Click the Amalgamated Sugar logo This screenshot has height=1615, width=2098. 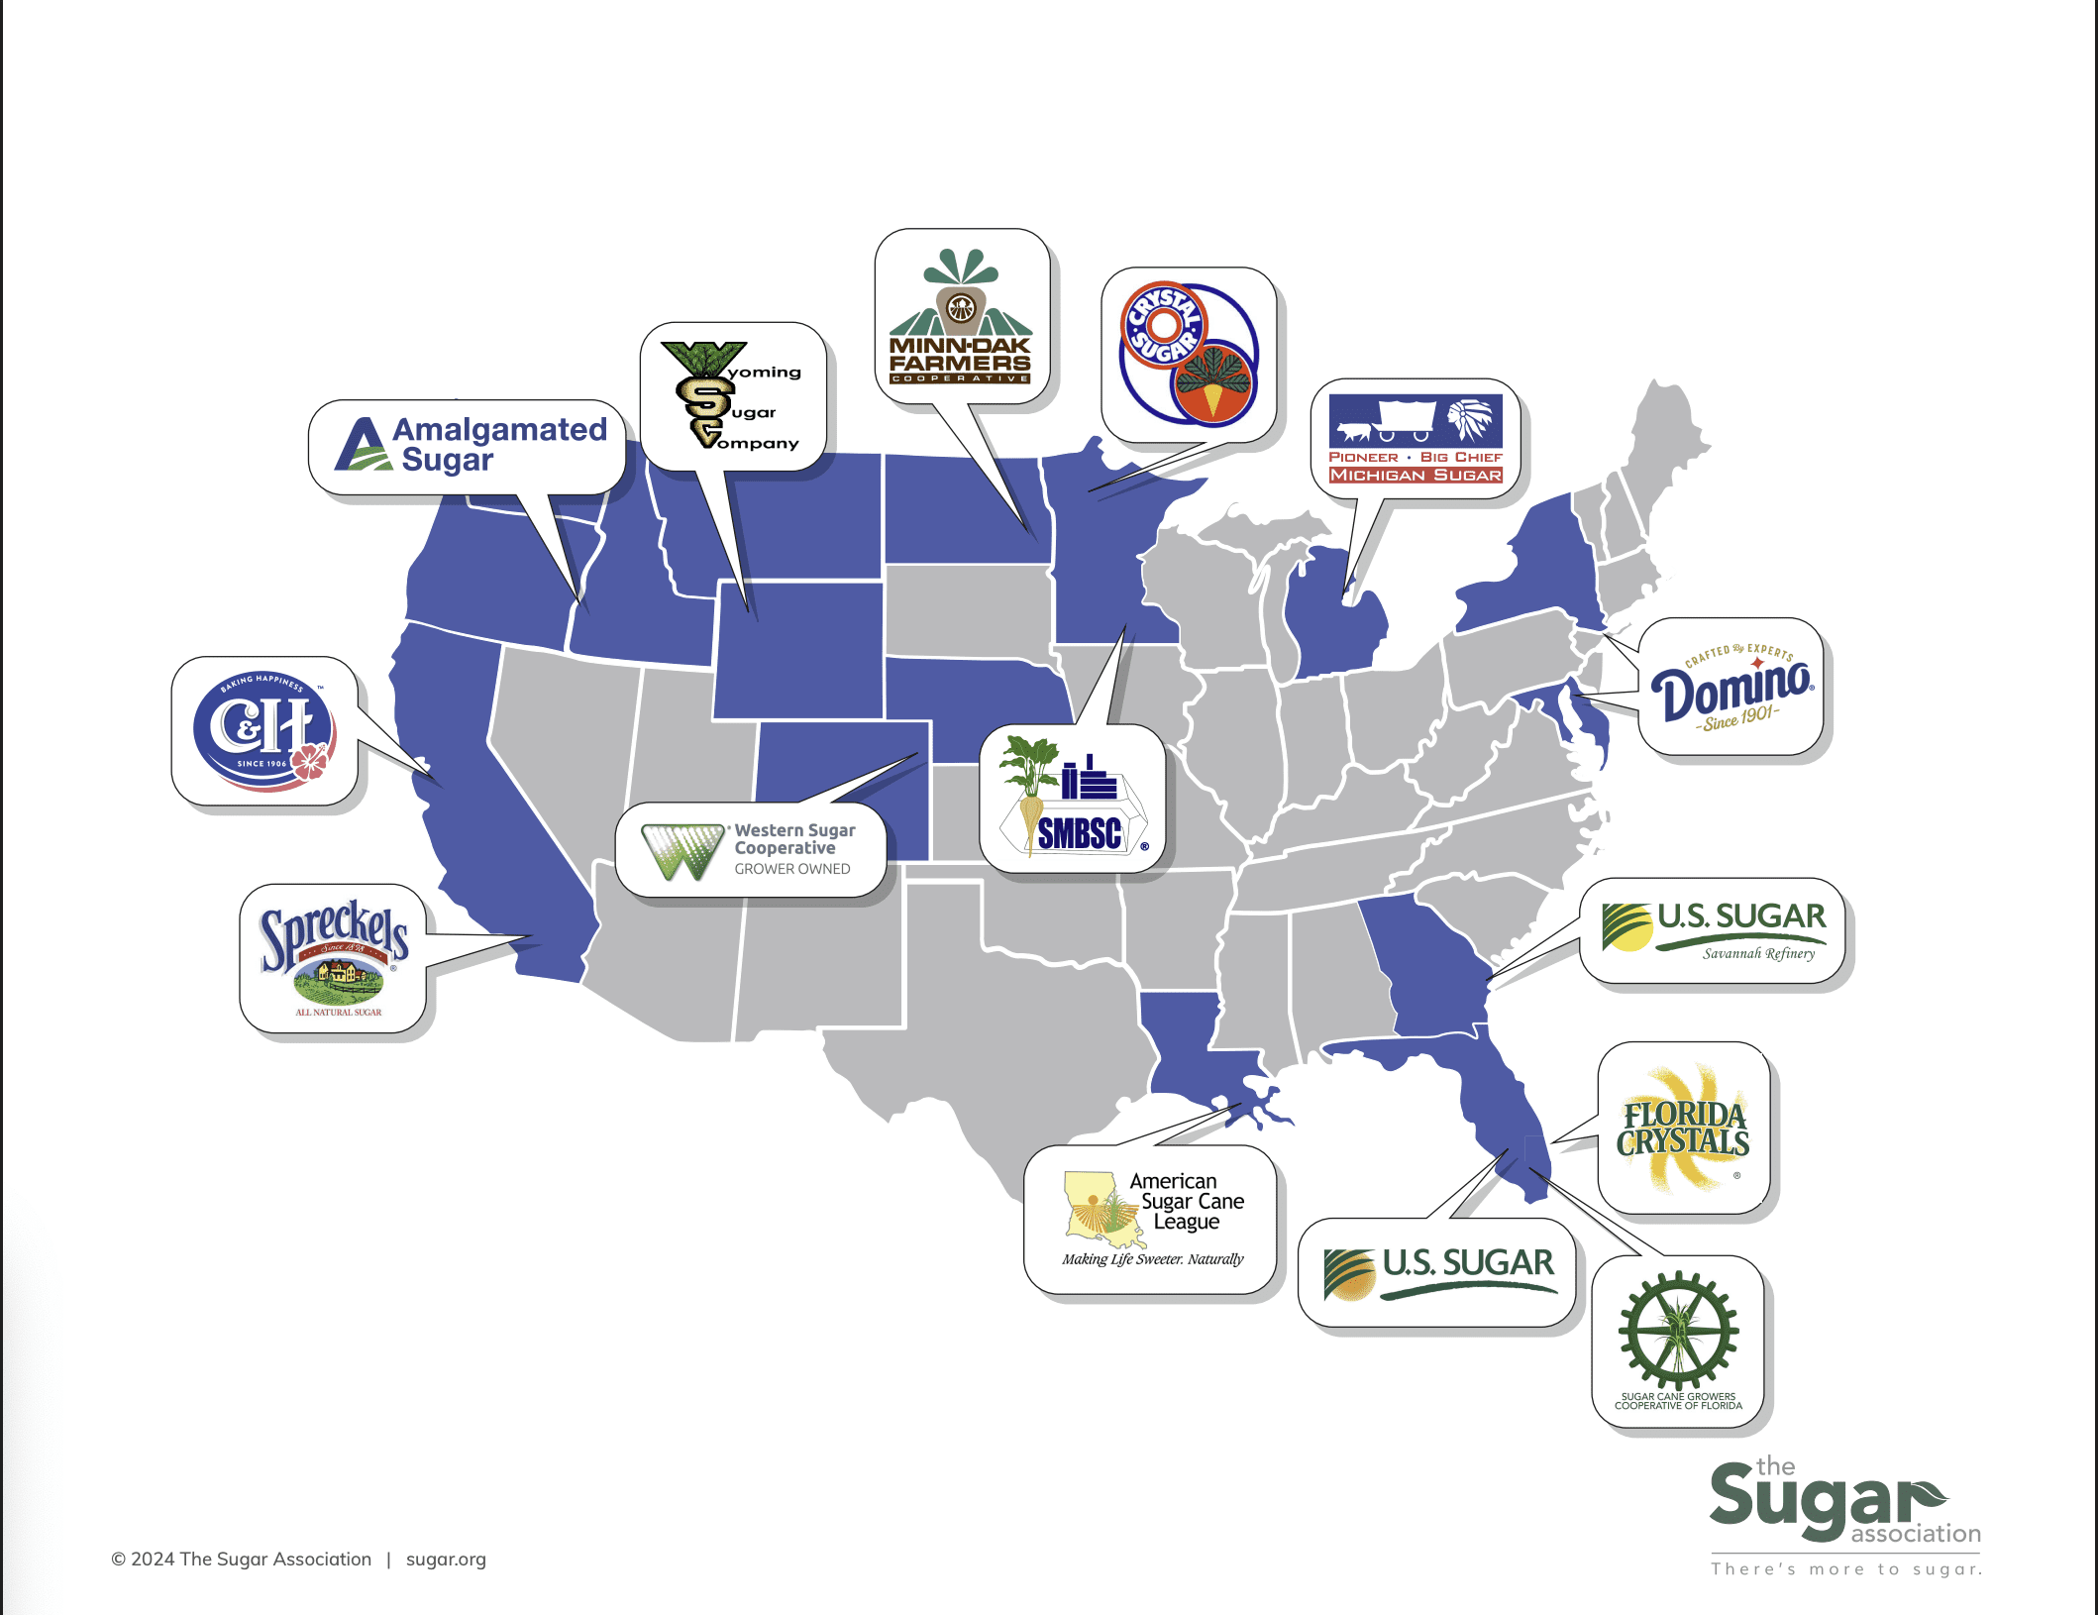tap(471, 445)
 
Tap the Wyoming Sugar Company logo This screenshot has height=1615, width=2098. tap(733, 396)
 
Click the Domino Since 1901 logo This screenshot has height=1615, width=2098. tap(1731, 688)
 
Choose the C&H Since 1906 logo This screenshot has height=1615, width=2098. tap(264, 730)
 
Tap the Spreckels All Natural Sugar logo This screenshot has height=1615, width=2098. tap(334, 957)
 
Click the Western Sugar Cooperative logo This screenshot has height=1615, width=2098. tap(750, 850)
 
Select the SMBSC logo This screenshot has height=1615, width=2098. tap(1073, 799)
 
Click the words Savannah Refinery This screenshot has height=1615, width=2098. tap(1758, 953)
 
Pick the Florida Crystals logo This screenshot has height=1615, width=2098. tap(1684, 1128)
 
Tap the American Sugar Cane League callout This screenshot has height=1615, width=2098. tap(1152, 1219)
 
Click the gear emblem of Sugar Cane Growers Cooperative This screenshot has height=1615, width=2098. tap(1678, 1331)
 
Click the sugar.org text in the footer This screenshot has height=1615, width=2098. tap(446, 1559)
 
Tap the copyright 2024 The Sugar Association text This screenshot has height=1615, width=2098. tap(242, 1559)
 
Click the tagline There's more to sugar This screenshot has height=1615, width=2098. tap(1846, 1568)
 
